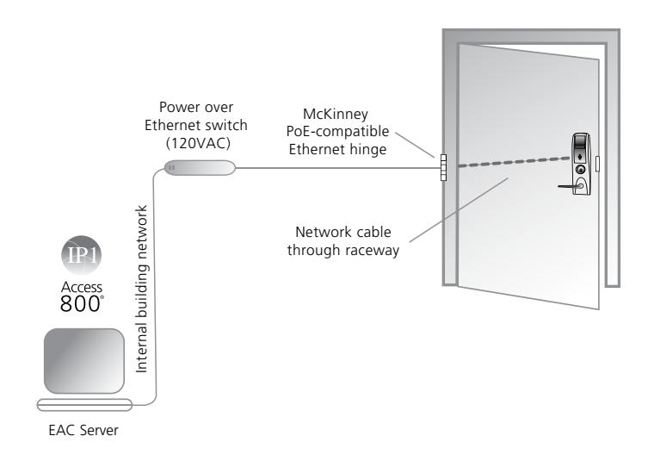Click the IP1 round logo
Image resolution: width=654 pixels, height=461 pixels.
[82, 255]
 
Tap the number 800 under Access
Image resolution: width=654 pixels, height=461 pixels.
[80, 304]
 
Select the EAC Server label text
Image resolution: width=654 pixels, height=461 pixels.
[83, 430]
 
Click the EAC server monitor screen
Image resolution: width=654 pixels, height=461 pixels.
[84, 361]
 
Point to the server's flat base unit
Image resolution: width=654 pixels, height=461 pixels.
[84, 405]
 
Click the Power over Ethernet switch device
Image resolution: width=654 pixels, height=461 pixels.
[200, 168]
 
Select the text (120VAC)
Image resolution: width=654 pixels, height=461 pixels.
[198, 143]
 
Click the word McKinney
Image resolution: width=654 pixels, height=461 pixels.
[336, 114]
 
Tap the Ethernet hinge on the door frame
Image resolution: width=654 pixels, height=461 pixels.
[443, 167]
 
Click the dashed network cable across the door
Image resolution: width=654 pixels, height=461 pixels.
[515, 162]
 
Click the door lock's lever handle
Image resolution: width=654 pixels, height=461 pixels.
[571, 185]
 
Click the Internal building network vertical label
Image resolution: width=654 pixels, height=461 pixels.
[141, 289]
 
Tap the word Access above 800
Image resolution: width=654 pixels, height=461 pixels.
[82, 287]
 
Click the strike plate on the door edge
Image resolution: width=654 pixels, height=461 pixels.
[597, 163]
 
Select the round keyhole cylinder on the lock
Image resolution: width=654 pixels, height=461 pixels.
[580, 169]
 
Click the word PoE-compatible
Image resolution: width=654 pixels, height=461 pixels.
[337, 132]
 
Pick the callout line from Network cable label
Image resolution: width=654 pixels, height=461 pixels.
[459, 209]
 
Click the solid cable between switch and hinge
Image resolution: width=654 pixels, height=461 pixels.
[338, 168]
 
